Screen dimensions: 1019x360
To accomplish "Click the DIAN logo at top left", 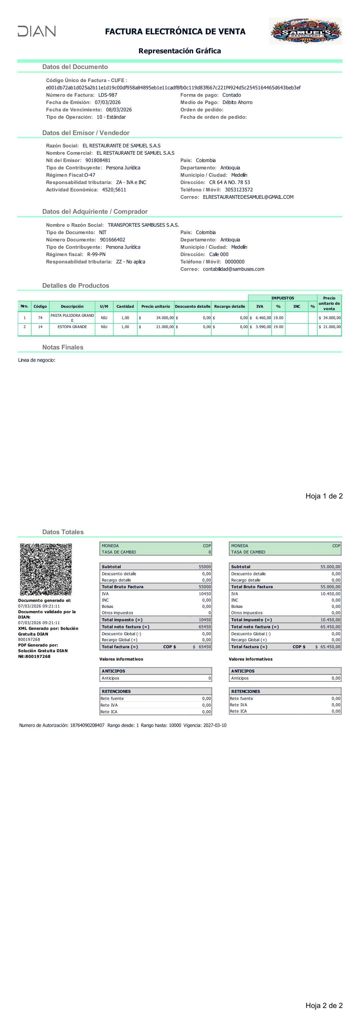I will tap(37, 31).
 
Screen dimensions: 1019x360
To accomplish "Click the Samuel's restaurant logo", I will tap(305, 31).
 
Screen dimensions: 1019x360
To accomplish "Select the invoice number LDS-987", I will tap(108, 95).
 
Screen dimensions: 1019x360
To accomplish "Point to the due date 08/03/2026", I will tap(119, 110).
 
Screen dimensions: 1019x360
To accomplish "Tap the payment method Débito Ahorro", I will tap(237, 102).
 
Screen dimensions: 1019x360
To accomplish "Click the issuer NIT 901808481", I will tap(98, 160).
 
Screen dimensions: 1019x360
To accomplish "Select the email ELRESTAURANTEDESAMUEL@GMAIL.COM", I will tap(248, 197).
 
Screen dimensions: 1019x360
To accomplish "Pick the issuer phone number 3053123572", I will tap(239, 189).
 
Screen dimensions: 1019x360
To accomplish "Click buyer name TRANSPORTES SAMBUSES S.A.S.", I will tap(143, 225).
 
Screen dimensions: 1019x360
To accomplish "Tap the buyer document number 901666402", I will tap(112, 240).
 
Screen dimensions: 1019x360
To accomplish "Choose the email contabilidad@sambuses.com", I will tap(233, 269).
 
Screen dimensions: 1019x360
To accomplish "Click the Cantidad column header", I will tap(125, 306).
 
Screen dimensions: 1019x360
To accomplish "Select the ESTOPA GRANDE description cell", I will tap(72, 327).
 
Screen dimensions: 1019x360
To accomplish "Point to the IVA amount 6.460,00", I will tap(263, 318).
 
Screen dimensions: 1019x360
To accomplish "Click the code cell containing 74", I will tap(40, 318).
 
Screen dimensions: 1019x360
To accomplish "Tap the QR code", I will tap(46, 569).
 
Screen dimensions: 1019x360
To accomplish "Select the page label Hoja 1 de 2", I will tap(324, 496).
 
